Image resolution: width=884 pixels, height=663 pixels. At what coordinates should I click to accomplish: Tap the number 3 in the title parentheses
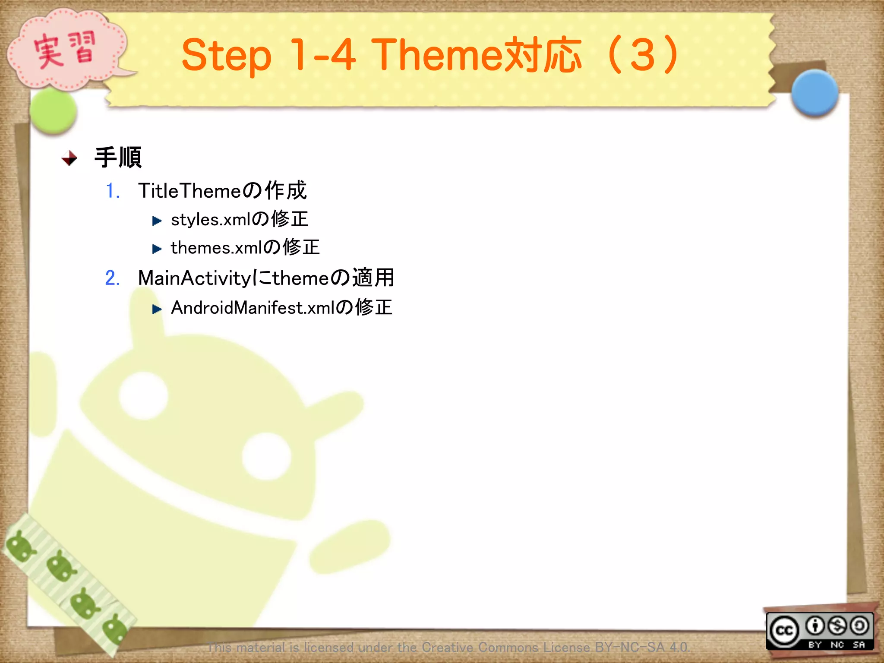642,55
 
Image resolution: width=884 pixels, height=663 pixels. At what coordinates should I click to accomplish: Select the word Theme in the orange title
436,55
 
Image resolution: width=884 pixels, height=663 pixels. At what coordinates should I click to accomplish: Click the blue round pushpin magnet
814,93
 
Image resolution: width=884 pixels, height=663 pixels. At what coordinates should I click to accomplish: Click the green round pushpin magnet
54,111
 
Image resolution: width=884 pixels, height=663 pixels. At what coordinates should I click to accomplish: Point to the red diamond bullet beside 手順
69,158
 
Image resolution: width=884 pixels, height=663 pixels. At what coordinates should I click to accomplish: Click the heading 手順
118,158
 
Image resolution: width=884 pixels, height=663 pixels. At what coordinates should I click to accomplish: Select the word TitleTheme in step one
189,191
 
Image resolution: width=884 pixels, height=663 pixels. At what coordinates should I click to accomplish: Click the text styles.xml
210,220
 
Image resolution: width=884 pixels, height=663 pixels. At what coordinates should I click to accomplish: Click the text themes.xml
216,248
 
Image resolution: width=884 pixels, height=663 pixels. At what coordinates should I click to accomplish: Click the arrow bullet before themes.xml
157,249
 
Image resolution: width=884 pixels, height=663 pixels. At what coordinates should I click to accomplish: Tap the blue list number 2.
112,278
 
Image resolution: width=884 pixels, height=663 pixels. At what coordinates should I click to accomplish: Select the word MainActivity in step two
194,278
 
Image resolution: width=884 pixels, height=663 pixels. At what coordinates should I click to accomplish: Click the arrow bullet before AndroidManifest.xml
157,309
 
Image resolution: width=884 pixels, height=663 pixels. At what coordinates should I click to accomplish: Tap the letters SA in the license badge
859,645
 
